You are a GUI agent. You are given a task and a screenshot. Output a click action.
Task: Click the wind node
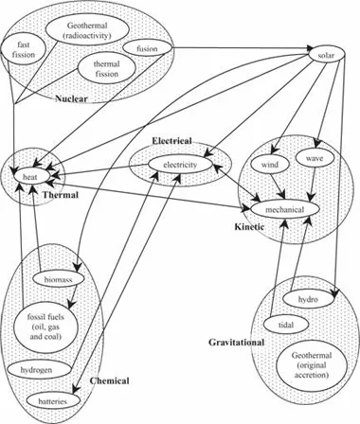point(272,165)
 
